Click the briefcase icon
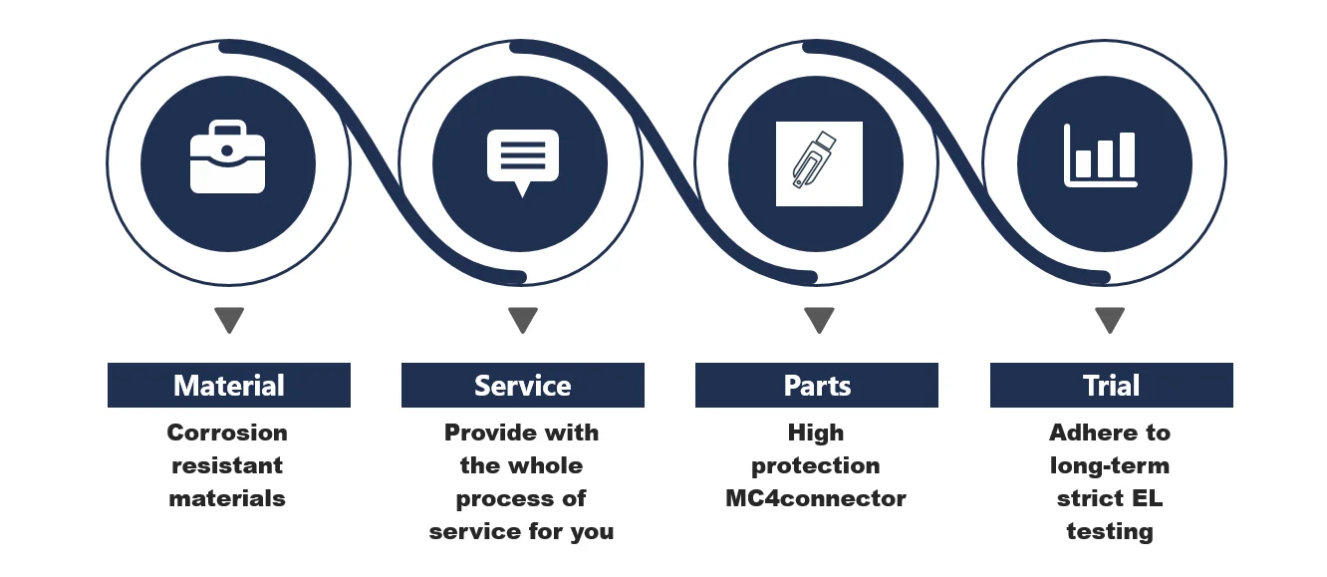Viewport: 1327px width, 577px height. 228,157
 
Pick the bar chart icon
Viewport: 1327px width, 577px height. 1101,157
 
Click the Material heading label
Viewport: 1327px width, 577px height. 229,386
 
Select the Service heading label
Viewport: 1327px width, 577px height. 522,386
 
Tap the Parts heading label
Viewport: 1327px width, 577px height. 817,386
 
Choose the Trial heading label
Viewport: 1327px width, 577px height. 1111,386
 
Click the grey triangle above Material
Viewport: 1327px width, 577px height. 229,320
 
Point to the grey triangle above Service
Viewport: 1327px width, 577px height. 522,320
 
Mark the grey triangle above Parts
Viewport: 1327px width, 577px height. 819,320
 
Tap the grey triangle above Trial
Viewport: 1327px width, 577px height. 1110,320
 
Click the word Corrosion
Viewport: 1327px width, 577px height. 227,433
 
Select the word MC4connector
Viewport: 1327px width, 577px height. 816,498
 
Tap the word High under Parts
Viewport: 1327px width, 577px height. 816,433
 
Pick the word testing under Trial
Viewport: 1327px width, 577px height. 1110,531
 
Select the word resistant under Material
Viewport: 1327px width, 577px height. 227,465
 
